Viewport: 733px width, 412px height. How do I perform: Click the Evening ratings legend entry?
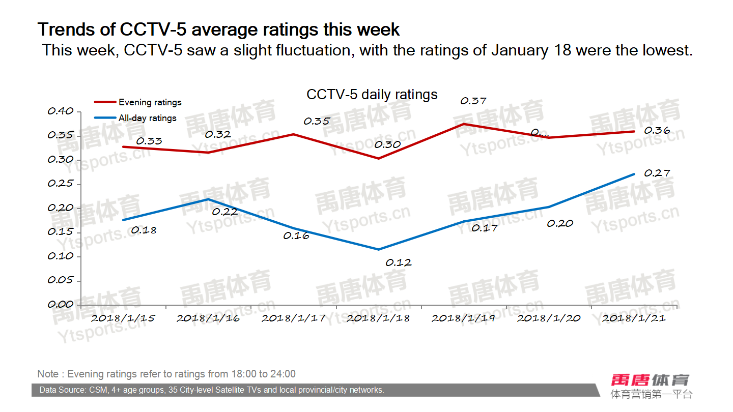150,102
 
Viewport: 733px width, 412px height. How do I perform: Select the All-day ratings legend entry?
147,118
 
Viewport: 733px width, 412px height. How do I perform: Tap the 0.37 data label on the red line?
473,101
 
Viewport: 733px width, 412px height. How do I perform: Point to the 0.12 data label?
399,263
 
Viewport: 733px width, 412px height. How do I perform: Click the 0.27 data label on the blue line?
657,173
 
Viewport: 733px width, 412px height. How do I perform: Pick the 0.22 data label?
224,212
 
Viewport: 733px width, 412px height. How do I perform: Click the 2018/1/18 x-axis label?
378,318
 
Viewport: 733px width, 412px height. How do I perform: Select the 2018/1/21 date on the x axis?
634,318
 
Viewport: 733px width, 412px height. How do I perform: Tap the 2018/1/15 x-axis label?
123,318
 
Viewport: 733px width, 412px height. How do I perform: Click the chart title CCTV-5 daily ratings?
372,95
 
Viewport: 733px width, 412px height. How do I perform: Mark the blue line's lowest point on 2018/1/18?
379,249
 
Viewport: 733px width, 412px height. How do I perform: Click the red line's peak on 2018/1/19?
464,124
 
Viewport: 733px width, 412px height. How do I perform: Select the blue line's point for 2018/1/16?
208,199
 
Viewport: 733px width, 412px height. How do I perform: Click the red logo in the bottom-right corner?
651,380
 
